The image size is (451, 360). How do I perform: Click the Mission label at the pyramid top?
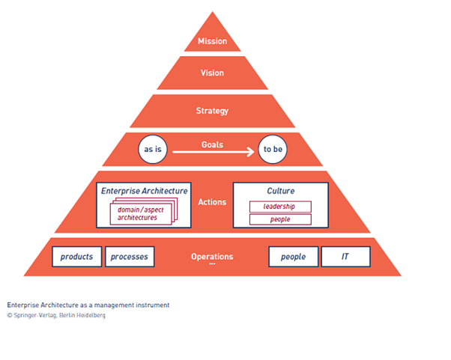[212, 42]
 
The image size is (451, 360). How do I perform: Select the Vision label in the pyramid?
[212, 73]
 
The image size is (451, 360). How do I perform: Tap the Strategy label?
[212, 111]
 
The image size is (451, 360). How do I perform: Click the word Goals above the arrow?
[212, 144]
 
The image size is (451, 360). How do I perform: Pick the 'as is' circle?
[151, 150]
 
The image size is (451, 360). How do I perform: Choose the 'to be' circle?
[272, 150]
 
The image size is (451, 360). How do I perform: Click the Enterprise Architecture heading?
[145, 191]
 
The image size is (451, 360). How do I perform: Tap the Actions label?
[212, 202]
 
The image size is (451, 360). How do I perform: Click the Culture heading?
[280, 191]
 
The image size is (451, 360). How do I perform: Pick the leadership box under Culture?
[279, 207]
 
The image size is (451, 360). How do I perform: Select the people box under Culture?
[279, 219]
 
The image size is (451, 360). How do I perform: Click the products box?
[77, 257]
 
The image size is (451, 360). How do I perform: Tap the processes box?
[129, 257]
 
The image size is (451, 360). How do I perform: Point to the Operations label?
[212, 257]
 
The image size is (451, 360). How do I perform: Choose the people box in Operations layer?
[293, 257]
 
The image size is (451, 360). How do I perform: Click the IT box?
[345, 257]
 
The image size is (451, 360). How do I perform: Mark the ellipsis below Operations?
[212, 265]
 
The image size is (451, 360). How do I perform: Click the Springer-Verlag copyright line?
[56, 316]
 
